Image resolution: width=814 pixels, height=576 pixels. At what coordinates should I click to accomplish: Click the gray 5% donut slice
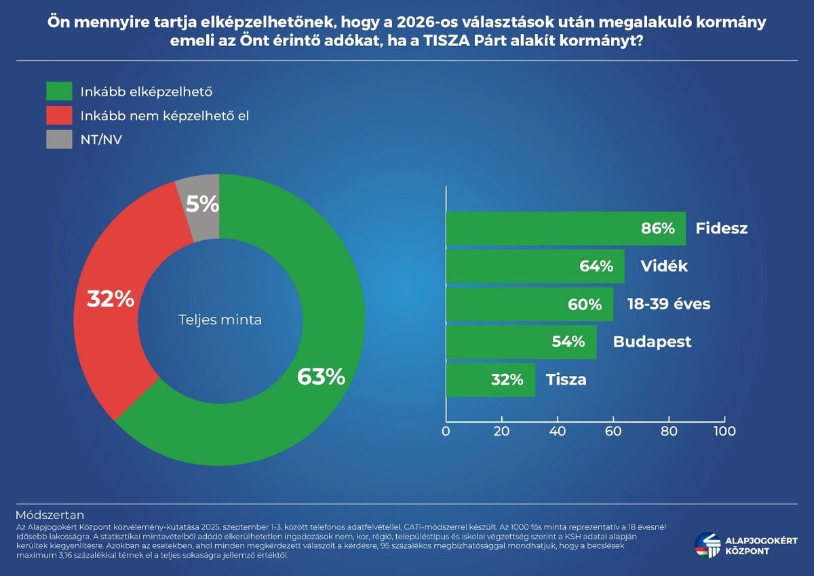pyautogui.click(x=201, y=204)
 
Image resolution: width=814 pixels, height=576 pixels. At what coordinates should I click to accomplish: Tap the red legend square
pyautogui.click(x=59, y=116)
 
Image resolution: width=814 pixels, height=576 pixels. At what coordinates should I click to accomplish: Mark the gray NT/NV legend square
pyautogui.click(x=59, y=140)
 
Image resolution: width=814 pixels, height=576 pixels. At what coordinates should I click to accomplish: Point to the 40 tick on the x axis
pyautogui.click(x=558, y=431)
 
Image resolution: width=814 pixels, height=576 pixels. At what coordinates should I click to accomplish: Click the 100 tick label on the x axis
pyautogui.click(x=724, y=431)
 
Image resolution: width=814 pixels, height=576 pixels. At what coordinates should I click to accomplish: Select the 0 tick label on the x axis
pyautogui.click(x=446, y=431)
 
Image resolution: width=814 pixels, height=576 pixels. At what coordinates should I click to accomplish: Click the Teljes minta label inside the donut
pyautogui.click(x=220, y=320)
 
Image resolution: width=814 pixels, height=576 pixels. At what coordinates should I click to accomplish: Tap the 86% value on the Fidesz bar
pyautogui.click(x=658, y=229)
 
